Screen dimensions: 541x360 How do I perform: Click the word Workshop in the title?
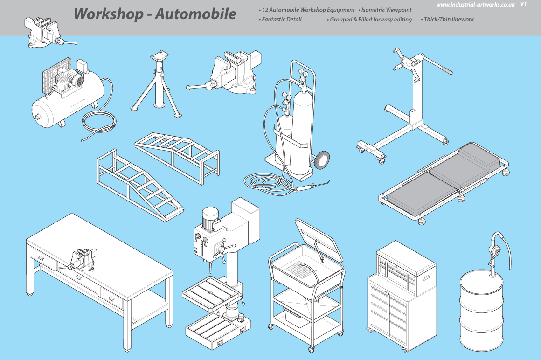point(108,14)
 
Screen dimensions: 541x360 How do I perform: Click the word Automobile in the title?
point(195,14)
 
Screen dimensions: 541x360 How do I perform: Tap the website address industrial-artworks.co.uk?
point(475,5)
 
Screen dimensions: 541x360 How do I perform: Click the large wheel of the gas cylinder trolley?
point(321,160)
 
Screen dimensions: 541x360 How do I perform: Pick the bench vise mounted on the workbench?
point(79,260)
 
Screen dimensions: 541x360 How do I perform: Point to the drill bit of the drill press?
point(209,268)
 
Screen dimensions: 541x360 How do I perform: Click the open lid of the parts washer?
point(319,239)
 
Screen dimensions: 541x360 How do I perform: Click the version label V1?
point(524,4)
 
